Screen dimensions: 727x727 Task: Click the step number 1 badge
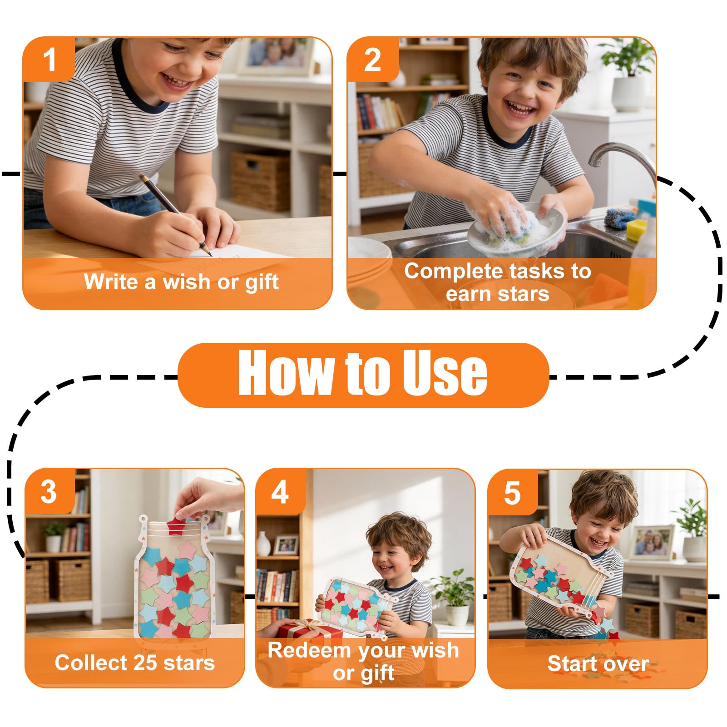(49, 59)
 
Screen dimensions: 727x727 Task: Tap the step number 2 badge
(373, 59)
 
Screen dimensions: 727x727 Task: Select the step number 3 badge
(49, 491)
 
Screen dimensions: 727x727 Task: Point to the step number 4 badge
(280, 492)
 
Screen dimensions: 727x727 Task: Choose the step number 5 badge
(512, 493)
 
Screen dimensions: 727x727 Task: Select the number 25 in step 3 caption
(146, 663)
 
